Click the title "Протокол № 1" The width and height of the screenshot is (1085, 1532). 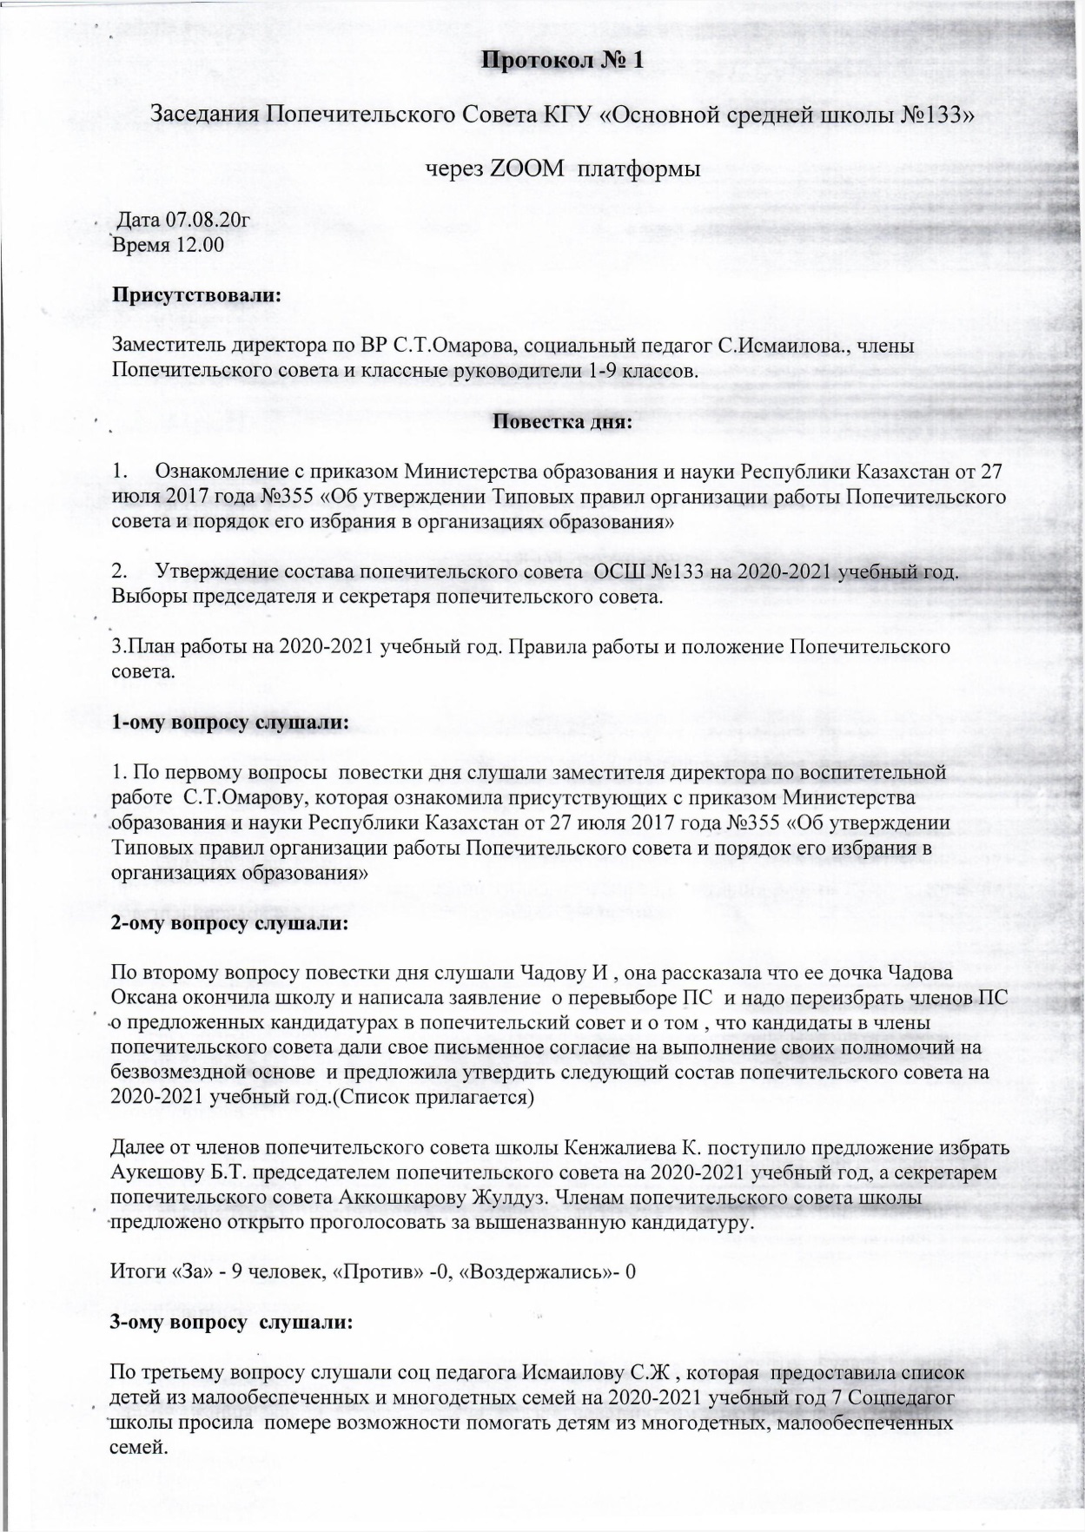pyautogui.click(x=562, y=60)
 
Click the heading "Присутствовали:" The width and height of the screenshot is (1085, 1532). pyautogui.click(x=196, y=294)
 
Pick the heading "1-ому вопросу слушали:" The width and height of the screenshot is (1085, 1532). pyautogui.click(x=231, y=723)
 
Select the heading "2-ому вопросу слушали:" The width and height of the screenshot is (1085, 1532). pyautogui.click(x=230, y=923)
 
